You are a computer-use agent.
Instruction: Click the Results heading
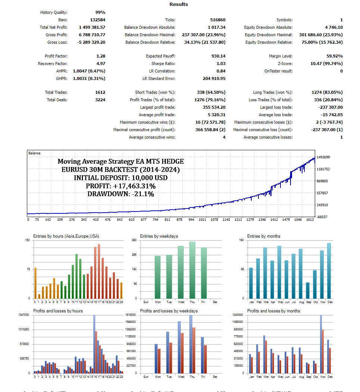(x=179, y=4)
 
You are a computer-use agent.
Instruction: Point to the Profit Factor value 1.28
(x=100, y=56)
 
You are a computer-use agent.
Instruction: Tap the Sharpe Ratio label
(x=163, y=64)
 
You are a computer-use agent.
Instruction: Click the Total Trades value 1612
(x=100, y=92)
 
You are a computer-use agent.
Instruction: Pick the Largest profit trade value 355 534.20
(x=211, y=107)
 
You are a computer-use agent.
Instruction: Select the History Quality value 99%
(x=100, y=12)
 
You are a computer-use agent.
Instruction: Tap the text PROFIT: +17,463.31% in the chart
(x=121, y=186)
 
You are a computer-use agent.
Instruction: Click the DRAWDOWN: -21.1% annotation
(x=121, y=194)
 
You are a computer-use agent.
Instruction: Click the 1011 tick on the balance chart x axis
(x=202, y=220)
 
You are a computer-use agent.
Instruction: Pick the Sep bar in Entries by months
(x=307, y=290)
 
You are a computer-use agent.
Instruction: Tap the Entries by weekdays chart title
(x=159, y=236)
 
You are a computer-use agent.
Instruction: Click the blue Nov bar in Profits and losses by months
(x=320, y=344)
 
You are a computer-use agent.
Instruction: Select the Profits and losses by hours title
(x=58, y=311)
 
